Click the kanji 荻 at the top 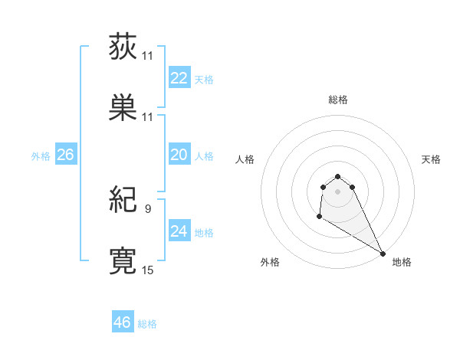(x=123, y=47)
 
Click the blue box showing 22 (x=179, y=78)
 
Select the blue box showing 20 (x=179, y=155)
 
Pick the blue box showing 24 (x=179, y=231)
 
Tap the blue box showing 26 (x=65, y=155)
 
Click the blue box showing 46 (x=122, y=322)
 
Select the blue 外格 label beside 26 (x=41, y=156)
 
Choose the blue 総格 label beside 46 (x=147, y=324)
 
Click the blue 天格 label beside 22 (x=203, y=80)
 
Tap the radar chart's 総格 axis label (x=337, y=100)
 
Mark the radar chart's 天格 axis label (x=431, y=159)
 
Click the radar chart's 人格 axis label (x=245, y=159)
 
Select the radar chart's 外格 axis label (x=270, y=262)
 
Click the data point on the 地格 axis (x=383, y=254)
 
